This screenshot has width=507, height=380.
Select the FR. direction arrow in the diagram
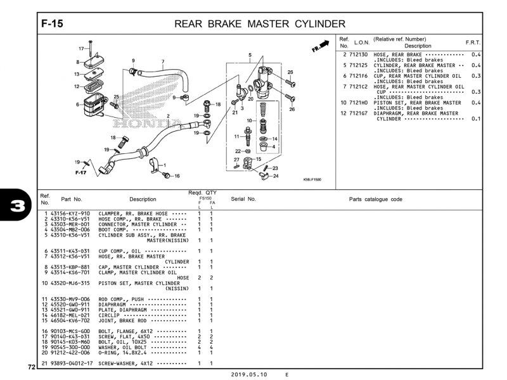pos(323,46)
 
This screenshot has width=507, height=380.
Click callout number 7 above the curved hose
pos(163,62)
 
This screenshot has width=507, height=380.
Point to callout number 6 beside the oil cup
pos(78,104)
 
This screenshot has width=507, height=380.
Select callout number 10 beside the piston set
pos(249,120)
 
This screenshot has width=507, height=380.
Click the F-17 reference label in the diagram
pos(80,172)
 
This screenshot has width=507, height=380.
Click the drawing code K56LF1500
pos(312,180)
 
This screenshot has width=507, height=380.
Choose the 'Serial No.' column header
pos(243,199)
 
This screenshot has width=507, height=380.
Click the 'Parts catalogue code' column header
pos(375,199)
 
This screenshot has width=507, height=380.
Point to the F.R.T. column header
pos(473,42)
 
